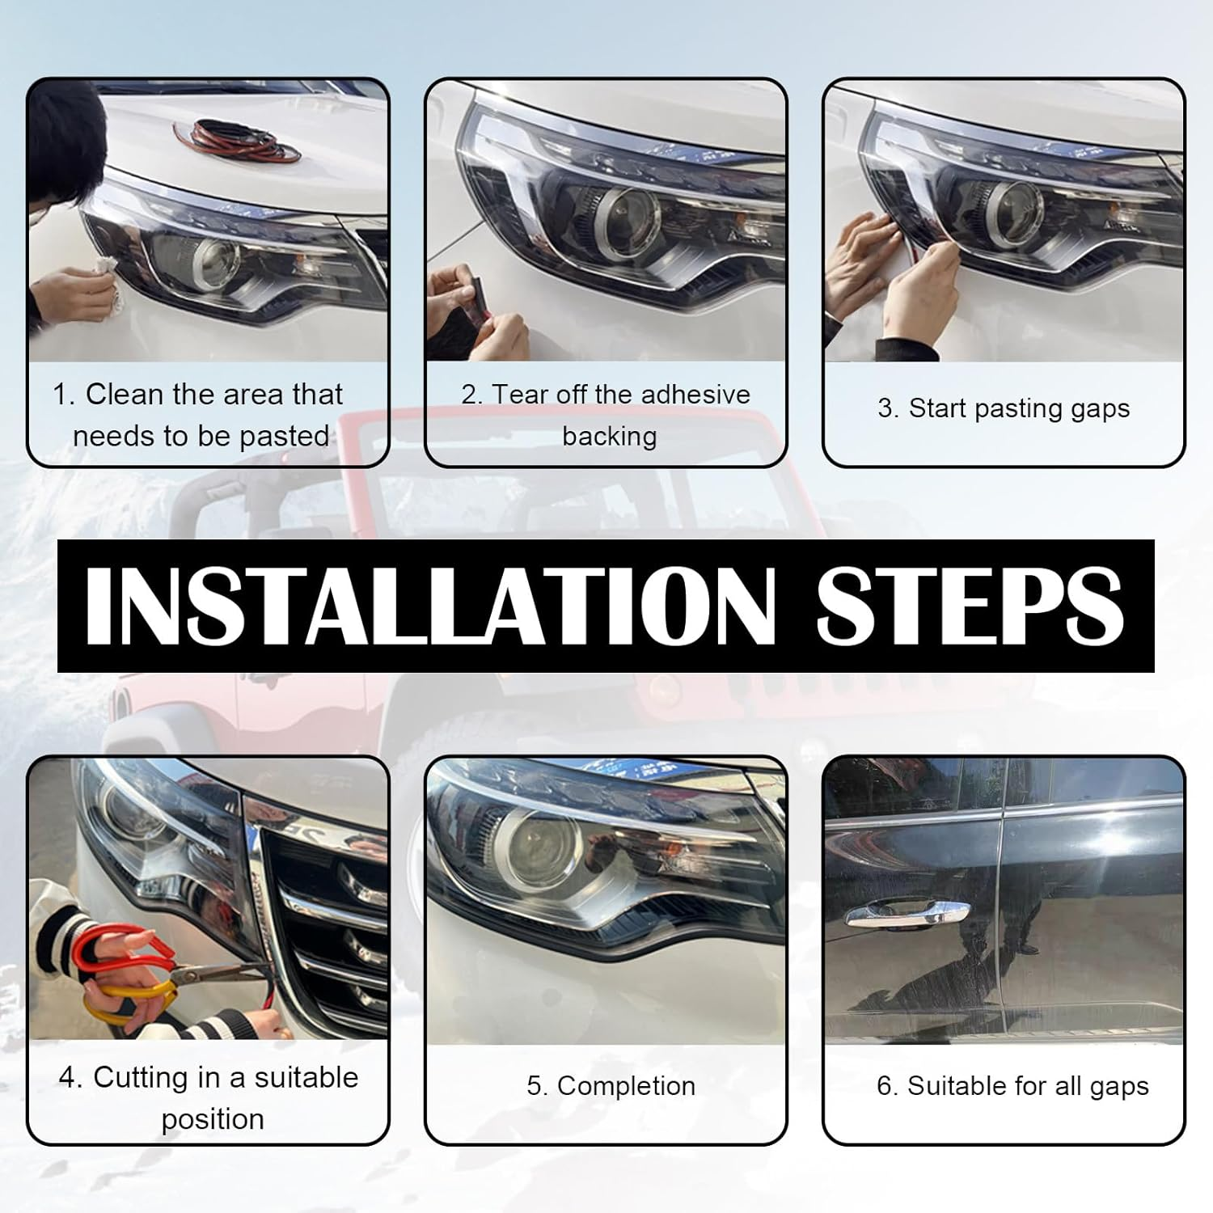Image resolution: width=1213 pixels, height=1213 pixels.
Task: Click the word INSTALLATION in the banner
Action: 429,606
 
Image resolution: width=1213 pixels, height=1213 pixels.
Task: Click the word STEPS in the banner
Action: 970,606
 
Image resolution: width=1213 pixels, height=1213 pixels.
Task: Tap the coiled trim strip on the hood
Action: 238,140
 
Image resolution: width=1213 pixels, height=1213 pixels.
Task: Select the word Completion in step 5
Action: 626,1085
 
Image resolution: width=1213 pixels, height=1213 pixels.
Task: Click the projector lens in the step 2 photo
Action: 622,220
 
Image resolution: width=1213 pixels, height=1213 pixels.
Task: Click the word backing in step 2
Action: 609,437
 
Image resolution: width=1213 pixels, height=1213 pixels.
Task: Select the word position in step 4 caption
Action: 213,1120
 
